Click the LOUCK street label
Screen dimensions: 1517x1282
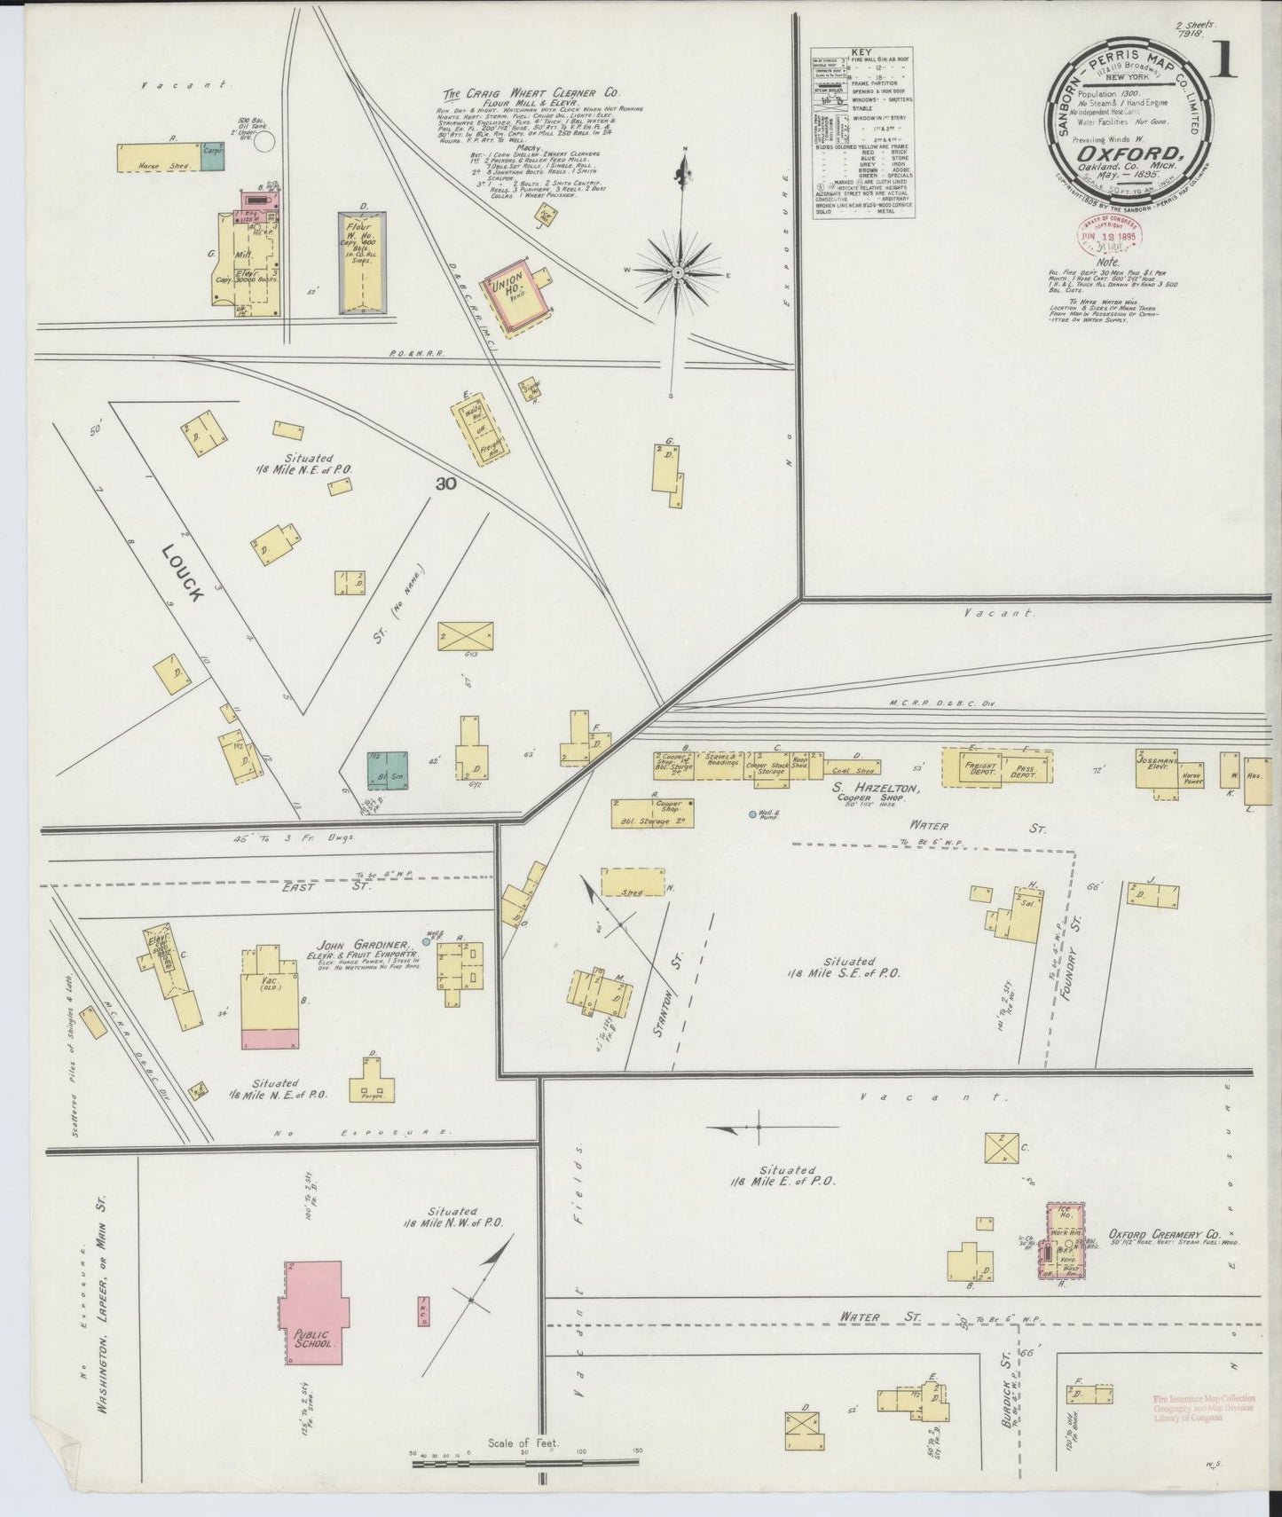point(184,574)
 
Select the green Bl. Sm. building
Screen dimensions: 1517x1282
point(388,770)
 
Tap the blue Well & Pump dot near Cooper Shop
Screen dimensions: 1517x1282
point(752,814)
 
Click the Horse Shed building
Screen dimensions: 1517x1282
point(160,158)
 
